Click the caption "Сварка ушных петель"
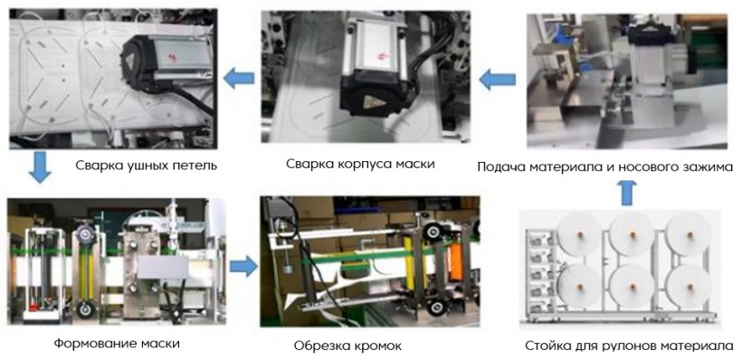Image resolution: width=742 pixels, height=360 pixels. pos(147,166)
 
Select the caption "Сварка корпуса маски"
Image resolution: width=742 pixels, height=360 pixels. pos(360,164)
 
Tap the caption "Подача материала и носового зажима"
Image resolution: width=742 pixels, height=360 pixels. pos(605,167)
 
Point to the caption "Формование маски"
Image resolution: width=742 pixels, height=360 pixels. pos(117,343)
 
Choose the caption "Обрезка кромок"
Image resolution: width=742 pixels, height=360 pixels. pos(347,346)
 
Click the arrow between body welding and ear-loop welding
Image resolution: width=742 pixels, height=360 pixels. pos(239,79)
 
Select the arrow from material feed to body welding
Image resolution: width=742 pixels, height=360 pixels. pos(497,79)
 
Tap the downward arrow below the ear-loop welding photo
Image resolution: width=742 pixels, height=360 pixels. pos(39,167)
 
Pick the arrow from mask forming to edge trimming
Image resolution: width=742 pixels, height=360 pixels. pos(243,267)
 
